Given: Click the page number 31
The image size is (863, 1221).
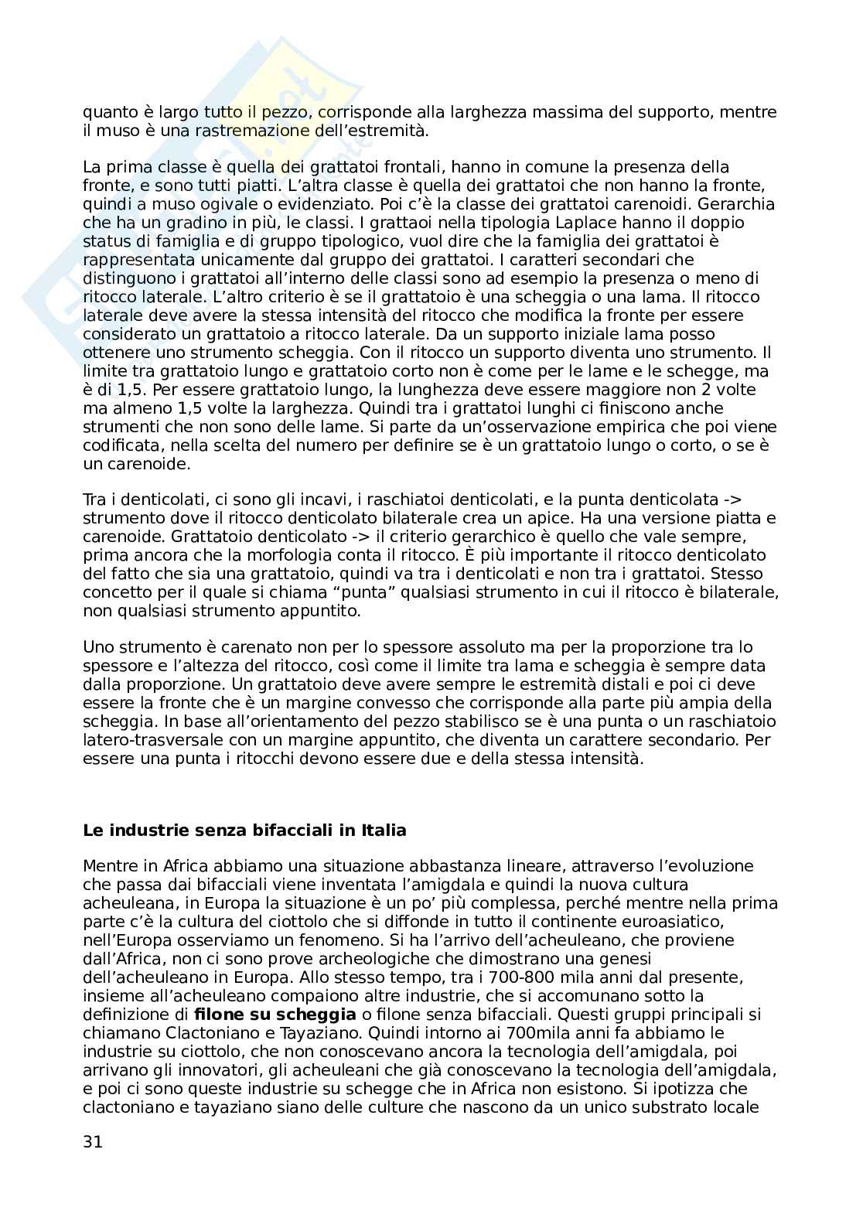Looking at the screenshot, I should pyautogui.click(x=92, y=1142).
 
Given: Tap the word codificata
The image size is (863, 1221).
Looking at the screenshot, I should pyautogui.click(x=123, y=445).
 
